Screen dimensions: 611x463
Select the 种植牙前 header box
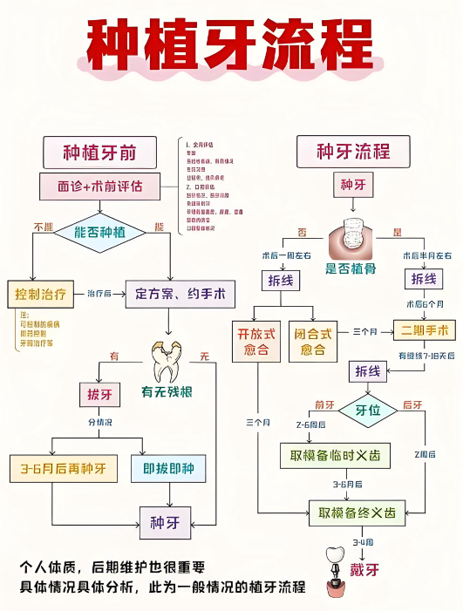pyautogui.click(x=99, y=153)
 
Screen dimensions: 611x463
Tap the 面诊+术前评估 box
pyautogui.click(x=99, y=186)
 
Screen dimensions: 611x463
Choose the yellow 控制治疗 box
pyautogui.click(x=41, y=294)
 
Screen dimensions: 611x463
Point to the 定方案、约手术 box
pyautogui.click(x=180, y=294)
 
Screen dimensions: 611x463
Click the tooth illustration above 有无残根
pyautogui.click(x=167, y=358)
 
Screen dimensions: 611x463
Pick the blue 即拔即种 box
pyautogui.click(x=168, y=469)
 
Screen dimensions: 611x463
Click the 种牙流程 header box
pyautogui.click(x=355, y=153)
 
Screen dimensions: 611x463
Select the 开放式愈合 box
pyautogui.click(x=255, y=341)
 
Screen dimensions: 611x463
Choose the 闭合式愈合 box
pyautogui.click(x=313, y=341)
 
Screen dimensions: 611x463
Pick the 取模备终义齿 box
pyautogui.click(x=357, y=513)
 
